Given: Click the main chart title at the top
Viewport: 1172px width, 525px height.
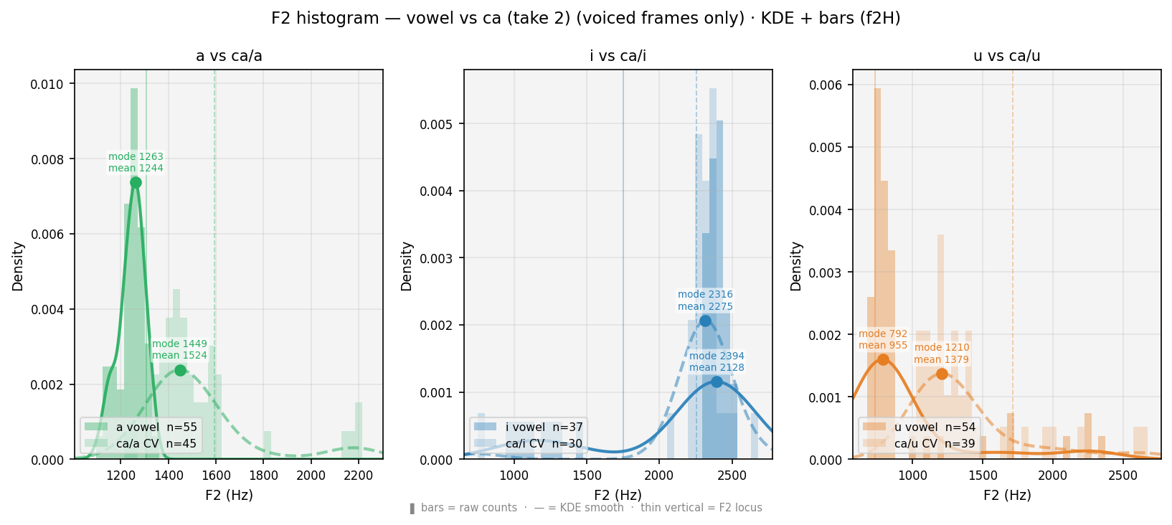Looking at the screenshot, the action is tap(585, 19).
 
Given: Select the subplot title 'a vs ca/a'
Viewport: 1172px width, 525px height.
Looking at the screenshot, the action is tap(229, 56).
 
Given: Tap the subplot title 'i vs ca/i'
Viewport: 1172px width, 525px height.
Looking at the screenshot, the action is tap(618, 56).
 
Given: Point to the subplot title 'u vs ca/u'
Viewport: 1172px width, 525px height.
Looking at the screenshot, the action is tap(1006, 56).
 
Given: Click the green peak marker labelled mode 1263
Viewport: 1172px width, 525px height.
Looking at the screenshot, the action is tap(136, 182).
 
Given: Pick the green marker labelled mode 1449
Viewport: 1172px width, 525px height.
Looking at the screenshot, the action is tap(180, 370).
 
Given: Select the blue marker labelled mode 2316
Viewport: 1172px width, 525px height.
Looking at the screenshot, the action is tap(705, 321).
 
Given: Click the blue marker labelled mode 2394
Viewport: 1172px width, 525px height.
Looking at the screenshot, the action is tap(717, 382).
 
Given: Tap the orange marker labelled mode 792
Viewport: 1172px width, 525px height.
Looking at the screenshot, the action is tap(883, 359).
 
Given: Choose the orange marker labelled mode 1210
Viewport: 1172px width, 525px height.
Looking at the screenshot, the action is tap(942, 374).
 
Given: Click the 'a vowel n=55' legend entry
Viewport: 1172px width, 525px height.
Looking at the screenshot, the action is tap(140, 427).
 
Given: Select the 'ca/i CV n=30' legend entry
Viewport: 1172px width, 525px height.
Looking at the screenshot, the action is tap(528, 444).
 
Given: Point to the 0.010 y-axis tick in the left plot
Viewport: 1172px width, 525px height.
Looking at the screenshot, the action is tap(47, 85).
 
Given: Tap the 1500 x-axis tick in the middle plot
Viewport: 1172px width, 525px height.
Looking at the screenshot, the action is tap(587, 476).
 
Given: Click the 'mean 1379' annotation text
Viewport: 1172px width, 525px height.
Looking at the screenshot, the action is tap(941, 359).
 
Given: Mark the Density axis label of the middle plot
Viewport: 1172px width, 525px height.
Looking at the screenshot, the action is tap(407, 266).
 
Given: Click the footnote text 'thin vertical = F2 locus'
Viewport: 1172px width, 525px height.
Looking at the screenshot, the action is tap(701, 508).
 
